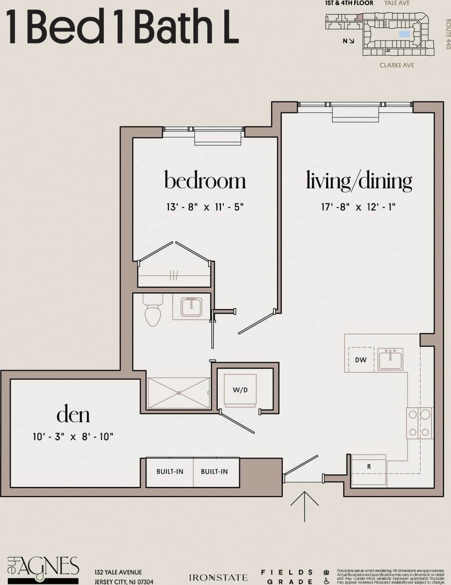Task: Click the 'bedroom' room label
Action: (205, 180)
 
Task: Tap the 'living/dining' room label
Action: (359, 180)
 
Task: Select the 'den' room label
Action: (73, 414)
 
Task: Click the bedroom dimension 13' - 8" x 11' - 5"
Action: (205, 206)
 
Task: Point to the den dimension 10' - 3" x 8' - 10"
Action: (73, 437)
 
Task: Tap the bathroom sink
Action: (191, 307)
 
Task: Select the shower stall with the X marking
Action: (179, 393)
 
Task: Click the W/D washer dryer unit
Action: (240, 390)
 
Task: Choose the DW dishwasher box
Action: (361, 360)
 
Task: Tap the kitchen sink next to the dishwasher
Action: (390, 359)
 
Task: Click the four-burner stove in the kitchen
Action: (420, 423)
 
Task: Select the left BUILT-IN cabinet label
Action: (170, 472)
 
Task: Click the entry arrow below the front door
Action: (304, 505)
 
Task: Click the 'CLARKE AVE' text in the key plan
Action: (397, 65)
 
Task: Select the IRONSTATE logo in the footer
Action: (218, 578)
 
